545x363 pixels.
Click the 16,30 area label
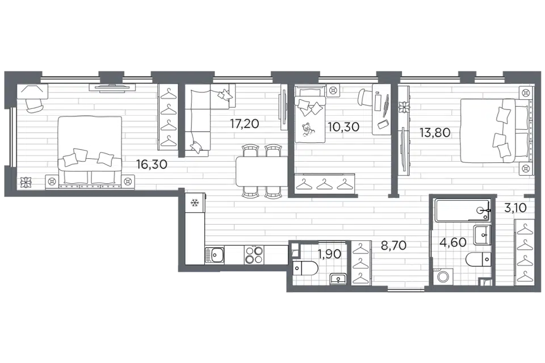[x=152, y=164]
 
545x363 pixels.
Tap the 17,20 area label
[x=245, y=124]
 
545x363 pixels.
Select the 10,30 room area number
[x=344, y=127]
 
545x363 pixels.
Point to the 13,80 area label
[x=435, y=132]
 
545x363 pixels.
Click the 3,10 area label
[x=516, y=208]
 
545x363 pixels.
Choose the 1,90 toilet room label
[x=329, y=254]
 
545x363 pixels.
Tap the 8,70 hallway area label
[x=393, y=246]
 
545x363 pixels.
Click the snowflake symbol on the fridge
[x=195, y=203]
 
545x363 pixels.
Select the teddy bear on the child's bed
[x=307, y=130]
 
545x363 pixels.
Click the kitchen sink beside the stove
[x=214, y=255]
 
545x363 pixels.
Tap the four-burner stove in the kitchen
[x=254, y=255]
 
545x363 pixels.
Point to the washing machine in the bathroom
[x=443, y=277]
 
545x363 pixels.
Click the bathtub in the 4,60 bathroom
[x=462, y=210]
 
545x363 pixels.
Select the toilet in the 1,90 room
[x=306, y=268]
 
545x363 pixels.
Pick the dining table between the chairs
[x=262, y=172]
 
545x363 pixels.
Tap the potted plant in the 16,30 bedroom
[x=26, y=181]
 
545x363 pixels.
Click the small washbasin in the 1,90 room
[x=337, y=278]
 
